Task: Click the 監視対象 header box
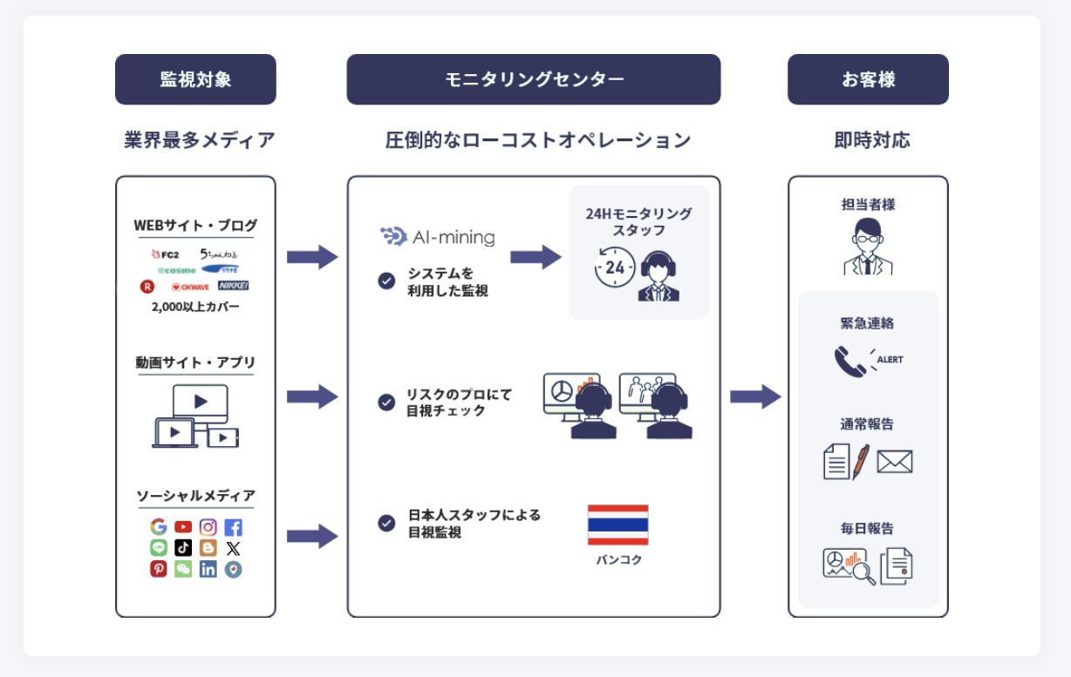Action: point(195,79)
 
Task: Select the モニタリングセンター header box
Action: point(533,79)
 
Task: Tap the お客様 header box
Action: point(868,79)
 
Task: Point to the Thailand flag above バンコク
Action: point(617,525)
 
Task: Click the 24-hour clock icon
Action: point(614,267)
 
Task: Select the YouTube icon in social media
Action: point(183,527)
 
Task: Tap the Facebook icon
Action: point(233,527)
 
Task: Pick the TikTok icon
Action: point(183,548)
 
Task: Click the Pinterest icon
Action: point(159,569)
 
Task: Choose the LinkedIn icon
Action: point(208,569)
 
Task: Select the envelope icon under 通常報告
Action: point(894,461)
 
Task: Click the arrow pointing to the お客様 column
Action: point(755,396)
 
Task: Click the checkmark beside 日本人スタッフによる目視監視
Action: point(386,523)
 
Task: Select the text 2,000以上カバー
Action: point(195,307)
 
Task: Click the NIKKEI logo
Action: point(233,286)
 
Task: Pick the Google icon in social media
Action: point(159,527)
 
